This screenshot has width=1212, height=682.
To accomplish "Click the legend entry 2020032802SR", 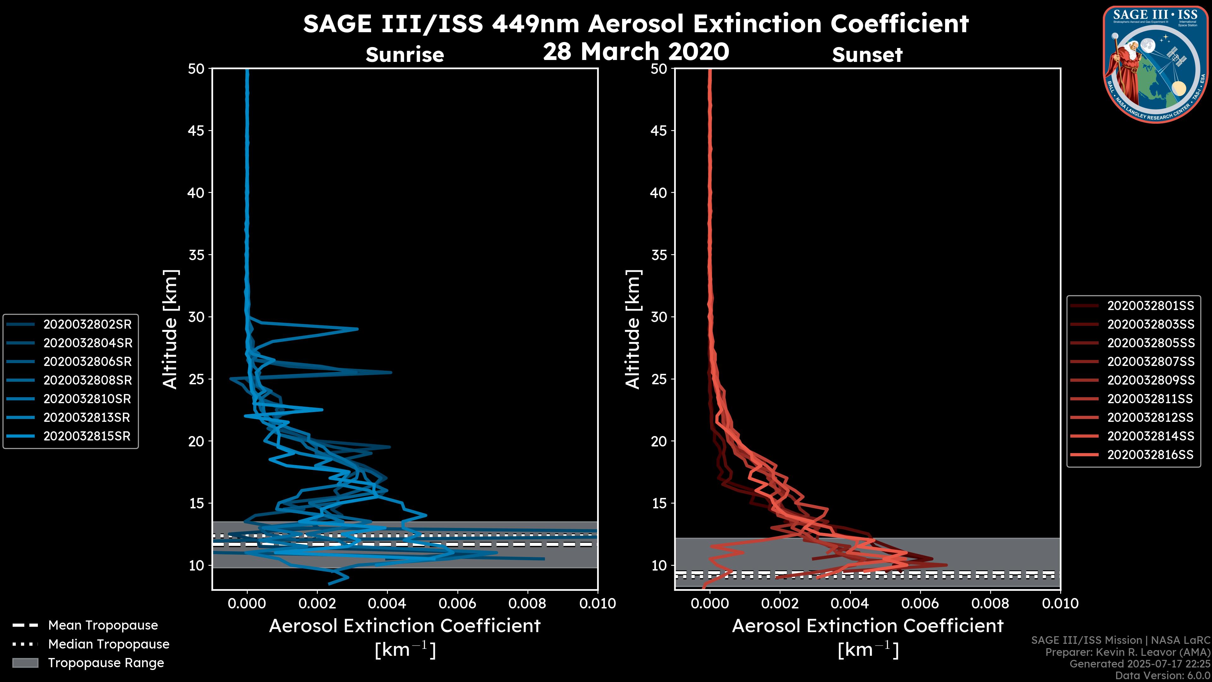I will click(87, 324).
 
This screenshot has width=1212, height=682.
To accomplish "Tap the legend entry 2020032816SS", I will click(1150, 455).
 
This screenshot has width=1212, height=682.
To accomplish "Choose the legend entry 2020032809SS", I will click(1150, 380).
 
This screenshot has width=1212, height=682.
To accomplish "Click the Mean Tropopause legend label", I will click(103, 625).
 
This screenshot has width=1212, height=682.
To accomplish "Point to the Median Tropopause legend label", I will click(108, 644).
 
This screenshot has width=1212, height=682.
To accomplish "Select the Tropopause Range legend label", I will click(106, 663).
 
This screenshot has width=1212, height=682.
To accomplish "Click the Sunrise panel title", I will click(405, 55).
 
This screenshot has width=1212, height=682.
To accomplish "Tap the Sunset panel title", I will click(867, 55).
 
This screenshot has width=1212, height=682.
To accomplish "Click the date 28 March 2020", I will click(636, 51).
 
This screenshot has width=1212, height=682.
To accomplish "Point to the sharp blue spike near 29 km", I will click(357, 328).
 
